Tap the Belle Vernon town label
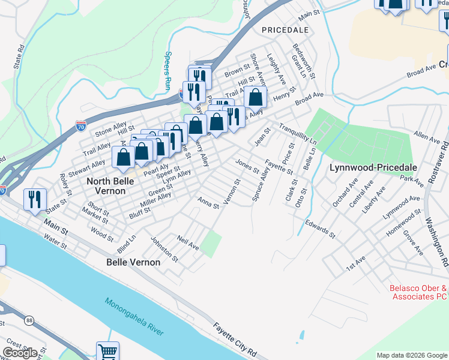pyautogui.click(x=133, y=262)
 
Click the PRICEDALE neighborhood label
pyautogui.click(x=285, y=29)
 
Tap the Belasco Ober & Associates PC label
pyautogui.click(x=419, y=292)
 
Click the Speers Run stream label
pyautogui.click(x=167, y=70)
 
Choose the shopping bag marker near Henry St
pyautogui.click(x=255, y=97)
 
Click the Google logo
pyautogui.click(x=20, y=353)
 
